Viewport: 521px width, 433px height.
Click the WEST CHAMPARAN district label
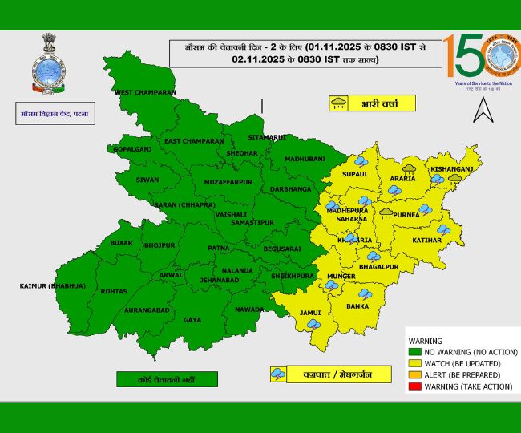(145, 92)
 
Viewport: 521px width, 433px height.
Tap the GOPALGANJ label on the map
(131, 149)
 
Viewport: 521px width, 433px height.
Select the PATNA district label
(219, 249)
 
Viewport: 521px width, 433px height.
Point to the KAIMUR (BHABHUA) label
(52, 286)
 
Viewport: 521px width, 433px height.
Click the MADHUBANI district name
(305, 159)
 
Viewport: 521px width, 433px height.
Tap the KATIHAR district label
(427, 240)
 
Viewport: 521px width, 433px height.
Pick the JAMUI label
(310, 312)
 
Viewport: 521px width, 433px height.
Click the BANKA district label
(357, 306)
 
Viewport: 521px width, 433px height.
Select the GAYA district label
(192, 320)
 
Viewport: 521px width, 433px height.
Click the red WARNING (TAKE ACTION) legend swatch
(414, 387)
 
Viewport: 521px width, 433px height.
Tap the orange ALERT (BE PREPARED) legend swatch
(414, 375)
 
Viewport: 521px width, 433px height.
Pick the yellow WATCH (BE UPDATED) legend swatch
(414, 363)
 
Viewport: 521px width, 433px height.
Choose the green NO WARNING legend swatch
(414, 351)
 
